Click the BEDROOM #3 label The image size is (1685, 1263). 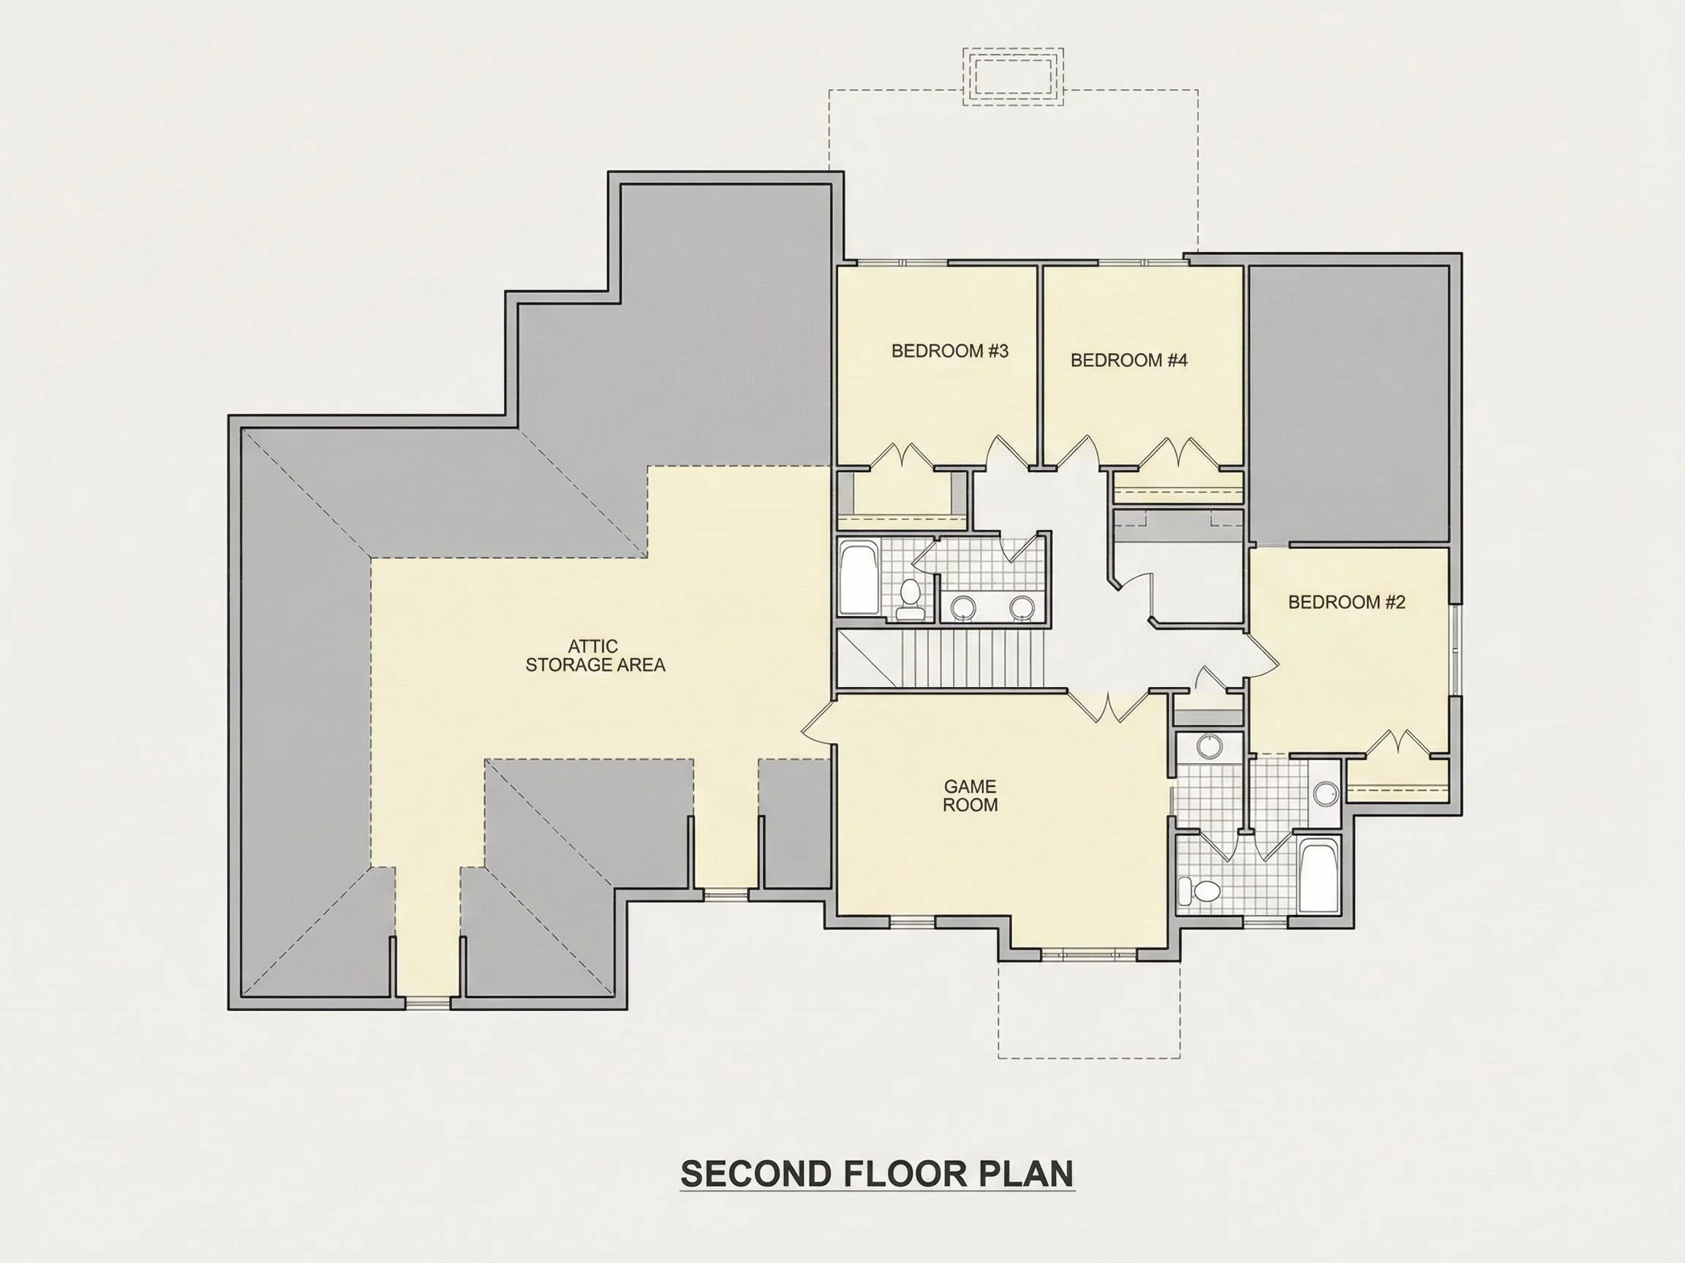pos(950,351)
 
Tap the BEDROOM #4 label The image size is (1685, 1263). pos(1129,360)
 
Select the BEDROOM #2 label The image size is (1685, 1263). pos(1347,602)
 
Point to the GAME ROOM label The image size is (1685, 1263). pos(970,795)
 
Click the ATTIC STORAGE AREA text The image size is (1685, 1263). pos(595,656)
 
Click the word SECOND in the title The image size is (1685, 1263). pos(756,1174)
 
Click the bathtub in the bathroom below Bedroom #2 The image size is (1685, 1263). pos(1319,876)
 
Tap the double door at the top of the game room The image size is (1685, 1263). pos(1107,706)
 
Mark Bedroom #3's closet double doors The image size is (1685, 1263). pos(901,455)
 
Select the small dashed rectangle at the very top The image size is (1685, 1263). pos(1012,76)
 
